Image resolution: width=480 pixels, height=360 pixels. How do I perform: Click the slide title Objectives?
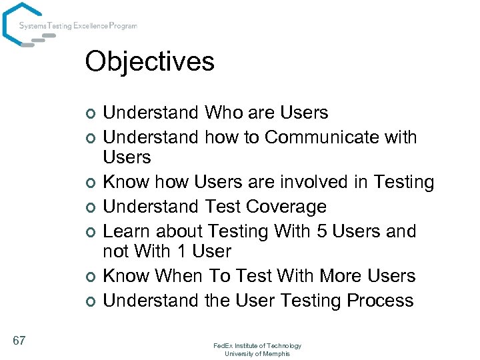149,61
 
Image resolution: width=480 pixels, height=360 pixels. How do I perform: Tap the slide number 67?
19,341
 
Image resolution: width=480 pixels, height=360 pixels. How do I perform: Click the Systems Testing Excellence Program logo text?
78,26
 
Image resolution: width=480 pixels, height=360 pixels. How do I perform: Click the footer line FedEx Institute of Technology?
257,345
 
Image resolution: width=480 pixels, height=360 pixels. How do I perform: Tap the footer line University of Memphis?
257,353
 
